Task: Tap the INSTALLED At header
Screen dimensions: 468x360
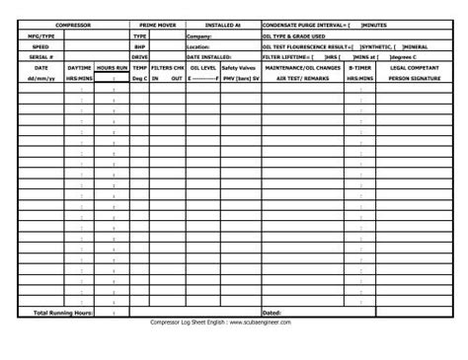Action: coord(222,24)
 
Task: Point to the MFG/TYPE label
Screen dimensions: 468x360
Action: coord(40,35)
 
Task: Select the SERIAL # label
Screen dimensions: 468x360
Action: coord(40,57)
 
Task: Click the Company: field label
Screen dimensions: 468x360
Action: coord(198,35)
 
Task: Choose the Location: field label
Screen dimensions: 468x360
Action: coord(198,46)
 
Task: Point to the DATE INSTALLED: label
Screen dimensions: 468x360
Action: coord(209,57)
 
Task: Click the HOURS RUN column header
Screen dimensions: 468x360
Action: coord(112,67)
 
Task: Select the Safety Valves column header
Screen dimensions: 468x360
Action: coord(238,67)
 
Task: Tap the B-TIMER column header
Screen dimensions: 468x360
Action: coord(359,67)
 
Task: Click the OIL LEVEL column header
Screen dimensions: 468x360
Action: coord(202,67)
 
